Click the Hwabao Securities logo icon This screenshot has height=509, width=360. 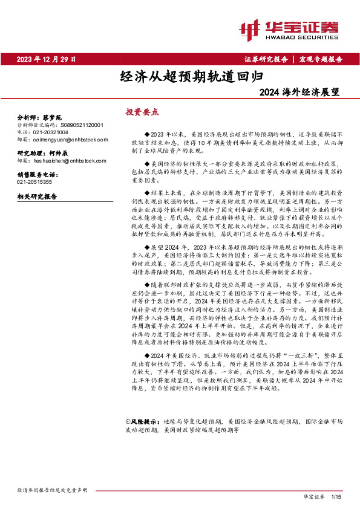pyautogui.click(x=249, y=28)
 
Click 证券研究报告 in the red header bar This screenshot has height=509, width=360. pyautogui.click(x=266, y=59)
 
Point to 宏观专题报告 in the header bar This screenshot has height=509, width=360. pyautogui.click(x=321, y=59)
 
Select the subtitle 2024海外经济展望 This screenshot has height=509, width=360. pyautogui.click(x=299, y=93)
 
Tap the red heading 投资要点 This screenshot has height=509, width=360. pyautogui.click(x=142, y=112)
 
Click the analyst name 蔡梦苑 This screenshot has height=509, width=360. pyautogui.click(x=53, y=116)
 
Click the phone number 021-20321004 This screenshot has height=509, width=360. pyautogui.click(x=51, y=131)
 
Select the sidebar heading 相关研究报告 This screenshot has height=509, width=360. pyautogui.click(x=38, y=196)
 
